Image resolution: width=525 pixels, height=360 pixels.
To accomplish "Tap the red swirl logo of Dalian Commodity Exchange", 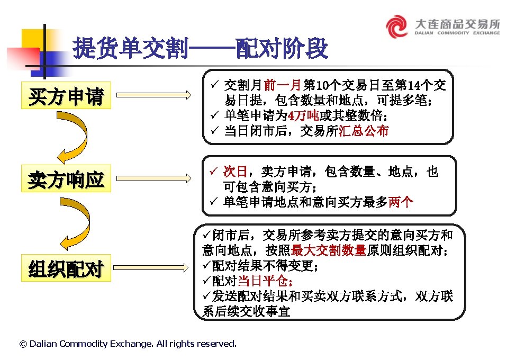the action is pyautogui.click(x=396, y=26).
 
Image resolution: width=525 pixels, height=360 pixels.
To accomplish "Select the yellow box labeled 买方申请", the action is pyautogui.click(x=66, y=96).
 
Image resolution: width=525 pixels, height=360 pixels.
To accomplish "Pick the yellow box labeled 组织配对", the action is pyautogui.click(x=66, y=268).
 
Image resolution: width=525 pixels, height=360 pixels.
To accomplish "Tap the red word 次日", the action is pyautogui.click(x=235, y=172).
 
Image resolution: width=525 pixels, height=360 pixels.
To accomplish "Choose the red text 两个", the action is pyautogui.click(x=401, y=202).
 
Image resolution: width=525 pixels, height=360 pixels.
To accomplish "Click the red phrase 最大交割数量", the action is pyautogui.click(x=329, y=250).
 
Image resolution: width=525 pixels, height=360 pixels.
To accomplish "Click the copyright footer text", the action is pyautogui.click(x=128, y=344).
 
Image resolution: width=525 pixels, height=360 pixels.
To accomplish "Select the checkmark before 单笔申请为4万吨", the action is pyautogui.click(x=214, y=115).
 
